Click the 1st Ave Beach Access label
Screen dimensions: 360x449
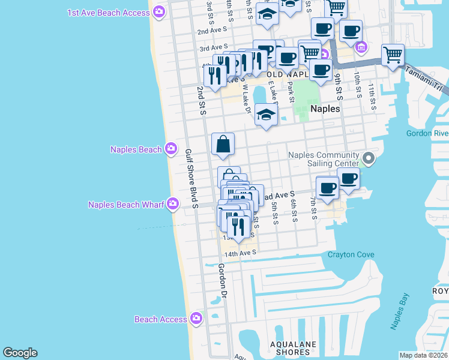click(x=109, y=12)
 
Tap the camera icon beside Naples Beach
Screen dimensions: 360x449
click(x=171, y=148)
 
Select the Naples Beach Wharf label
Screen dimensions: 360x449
click(x=125, y=205)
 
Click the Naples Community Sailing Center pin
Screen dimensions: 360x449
click(x=369, y=159)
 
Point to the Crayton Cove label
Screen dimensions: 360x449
click(x=351, y=255)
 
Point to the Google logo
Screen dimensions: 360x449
click(x=20, y=353)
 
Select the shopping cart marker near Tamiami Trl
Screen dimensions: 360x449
click(x=393, y=55)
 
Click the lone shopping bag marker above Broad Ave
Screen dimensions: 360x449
click(x=223, y=144)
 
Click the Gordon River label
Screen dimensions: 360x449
click(x=427, y=133)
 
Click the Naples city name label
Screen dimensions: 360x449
click(x=325, y=109)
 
